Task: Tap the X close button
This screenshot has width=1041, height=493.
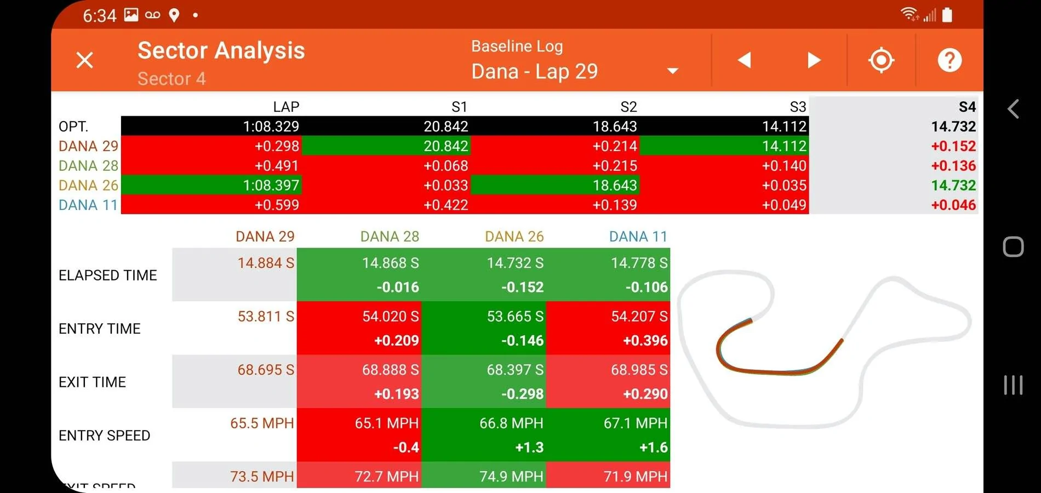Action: pos(84,60)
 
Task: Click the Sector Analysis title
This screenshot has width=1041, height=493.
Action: pos(221,50)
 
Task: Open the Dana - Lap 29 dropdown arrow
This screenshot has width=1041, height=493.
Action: pos(673,71)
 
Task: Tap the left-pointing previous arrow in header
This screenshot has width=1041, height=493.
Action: pos(744,60)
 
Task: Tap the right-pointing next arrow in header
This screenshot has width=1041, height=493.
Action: pos(814,60)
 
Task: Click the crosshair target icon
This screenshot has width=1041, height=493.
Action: pos(881,60)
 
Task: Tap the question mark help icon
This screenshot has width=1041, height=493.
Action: pos(950,60)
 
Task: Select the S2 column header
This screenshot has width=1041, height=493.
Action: pos(628,107)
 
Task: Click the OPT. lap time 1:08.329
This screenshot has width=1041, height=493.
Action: pos(271,127)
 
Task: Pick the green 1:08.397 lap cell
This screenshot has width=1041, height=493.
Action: pos(211,185)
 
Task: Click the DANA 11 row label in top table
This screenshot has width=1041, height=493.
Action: pos(88,205)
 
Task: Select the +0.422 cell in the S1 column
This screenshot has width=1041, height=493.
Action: pos(445,205)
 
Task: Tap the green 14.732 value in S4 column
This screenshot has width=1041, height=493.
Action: pos(953,185)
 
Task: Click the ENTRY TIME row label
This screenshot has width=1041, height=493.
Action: pos(99,329)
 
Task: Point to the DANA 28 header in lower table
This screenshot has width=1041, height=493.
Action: pos(390,236)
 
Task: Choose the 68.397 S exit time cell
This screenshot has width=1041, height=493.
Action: pos(515,370)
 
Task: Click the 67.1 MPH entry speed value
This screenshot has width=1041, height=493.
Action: pos(636,423)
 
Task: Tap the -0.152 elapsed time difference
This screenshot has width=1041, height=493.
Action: pos(522,287)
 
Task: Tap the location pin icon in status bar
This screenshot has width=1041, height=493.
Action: pos(174,15)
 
